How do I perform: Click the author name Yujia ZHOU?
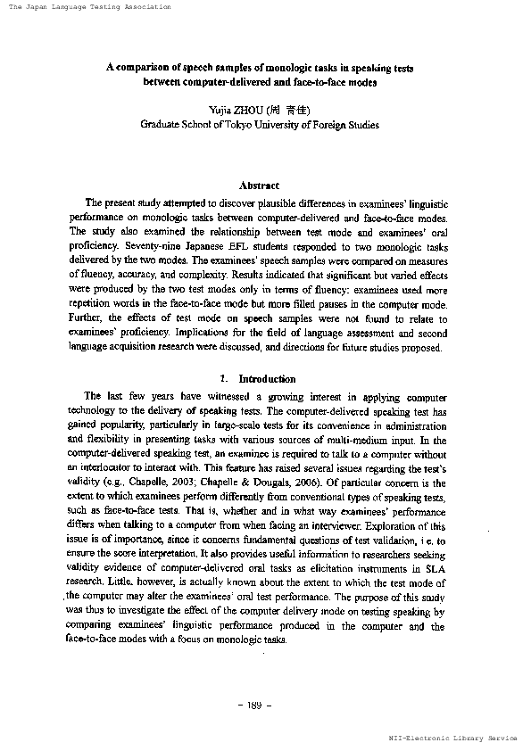[x=235, y=109]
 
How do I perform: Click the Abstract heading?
[x=260, y=186]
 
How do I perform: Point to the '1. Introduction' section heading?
[x=258, y=403]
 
